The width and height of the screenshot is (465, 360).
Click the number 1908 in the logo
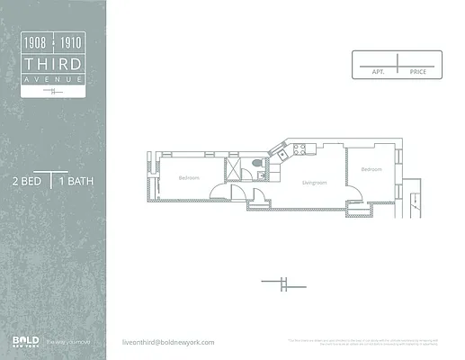click(37, 41)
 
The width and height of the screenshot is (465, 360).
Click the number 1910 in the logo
click(71, 41)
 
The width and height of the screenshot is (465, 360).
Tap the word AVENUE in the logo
click(54, 79)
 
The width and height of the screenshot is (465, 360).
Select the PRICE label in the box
click(417, 71)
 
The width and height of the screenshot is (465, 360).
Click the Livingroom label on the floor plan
click(313, 183)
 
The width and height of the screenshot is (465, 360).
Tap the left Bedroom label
click(188, 177)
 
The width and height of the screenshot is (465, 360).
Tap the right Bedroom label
click(371, 169)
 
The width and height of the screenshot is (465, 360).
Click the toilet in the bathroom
click(257, 163)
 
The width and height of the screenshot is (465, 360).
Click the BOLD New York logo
click(24, 340)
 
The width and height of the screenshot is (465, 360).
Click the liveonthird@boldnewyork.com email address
click(168, 342)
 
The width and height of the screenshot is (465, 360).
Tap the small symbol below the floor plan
click(282, 284)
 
